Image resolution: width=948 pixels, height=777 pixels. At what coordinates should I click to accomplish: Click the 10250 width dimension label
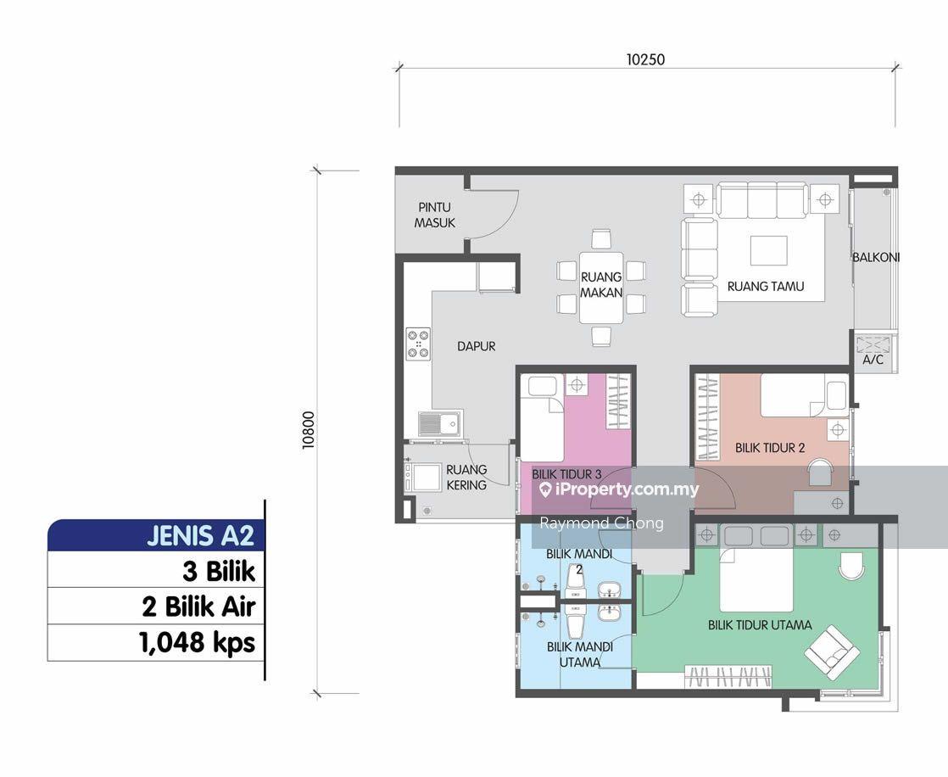point(645,59)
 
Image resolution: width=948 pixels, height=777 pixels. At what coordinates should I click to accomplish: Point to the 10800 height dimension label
point(309,430)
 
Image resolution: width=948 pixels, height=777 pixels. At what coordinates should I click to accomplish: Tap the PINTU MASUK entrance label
point(435,215)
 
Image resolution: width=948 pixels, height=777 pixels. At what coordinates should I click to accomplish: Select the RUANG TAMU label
point(766,286)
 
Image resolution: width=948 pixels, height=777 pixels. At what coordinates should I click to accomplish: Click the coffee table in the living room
point(768,250)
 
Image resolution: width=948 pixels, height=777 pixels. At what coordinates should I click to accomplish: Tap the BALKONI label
point(876,257)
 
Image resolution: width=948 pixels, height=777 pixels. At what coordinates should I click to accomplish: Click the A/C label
point(873,360)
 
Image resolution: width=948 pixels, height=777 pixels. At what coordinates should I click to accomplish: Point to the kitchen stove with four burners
point(418,344)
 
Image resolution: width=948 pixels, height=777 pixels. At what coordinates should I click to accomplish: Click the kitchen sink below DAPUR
point(440,423)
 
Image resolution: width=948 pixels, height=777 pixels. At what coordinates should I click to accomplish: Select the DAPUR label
point(476,346)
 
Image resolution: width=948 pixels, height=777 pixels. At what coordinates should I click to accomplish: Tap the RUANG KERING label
point(466,477)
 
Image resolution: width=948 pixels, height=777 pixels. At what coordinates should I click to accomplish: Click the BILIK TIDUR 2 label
point(770,448)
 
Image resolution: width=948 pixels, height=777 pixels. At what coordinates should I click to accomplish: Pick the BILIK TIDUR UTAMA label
point(760,624)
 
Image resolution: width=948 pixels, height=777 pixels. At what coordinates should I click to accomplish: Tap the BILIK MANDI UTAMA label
point(580,654)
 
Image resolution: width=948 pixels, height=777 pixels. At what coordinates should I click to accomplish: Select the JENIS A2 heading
point(200,536)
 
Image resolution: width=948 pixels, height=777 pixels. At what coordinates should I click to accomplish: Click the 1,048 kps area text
point(197,642)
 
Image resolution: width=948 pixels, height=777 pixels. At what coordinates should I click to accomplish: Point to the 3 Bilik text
point(219,571)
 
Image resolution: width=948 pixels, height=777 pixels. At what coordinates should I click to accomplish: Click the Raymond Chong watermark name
point(601,523)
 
